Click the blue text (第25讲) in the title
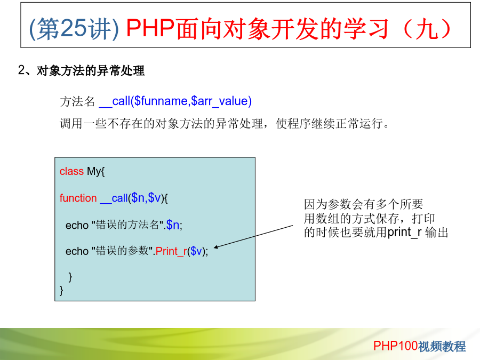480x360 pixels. pyautogui.click(x=74, y=28)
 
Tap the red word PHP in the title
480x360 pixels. pyautogui.click(x=150, y=28)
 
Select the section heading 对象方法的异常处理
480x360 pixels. pyautogui.click(x=90, y=71)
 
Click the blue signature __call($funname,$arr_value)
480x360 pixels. pyautogui.click(x=175, y=101)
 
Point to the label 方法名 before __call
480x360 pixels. pyautogui.click(x=77, y=101)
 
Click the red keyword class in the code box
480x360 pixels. pyautogui.click(x=71, y=171)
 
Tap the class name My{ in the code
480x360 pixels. pyautogui.click(x=96, y=171)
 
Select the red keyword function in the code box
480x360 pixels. pyautogui.click(x=78, y=198)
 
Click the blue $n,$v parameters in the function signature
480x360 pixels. pyautogui.click(x=146, y=198)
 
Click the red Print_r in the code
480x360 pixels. pyautogui.click(x=171, y=251)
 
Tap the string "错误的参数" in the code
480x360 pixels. pyautogui.click(x=122, y=251)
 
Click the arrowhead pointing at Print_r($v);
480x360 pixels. pyautogui.click(x=215, y=247)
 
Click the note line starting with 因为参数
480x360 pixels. pyautogui.click(x=363, y=204)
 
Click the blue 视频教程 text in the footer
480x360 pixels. pyautogui.click(x=442, y=346)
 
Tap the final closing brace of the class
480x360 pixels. pyautogui.click(x=61, y=290)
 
